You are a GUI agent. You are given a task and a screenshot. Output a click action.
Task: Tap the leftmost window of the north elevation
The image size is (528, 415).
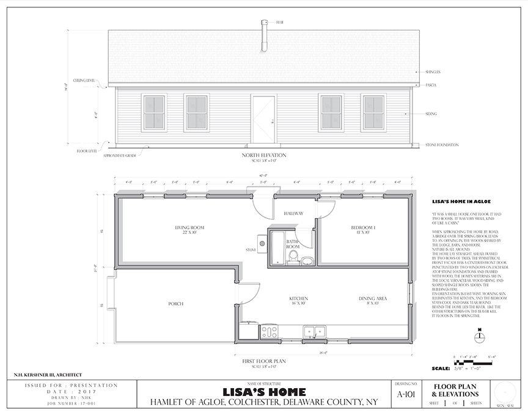pyautogui.click(x=154, y=112)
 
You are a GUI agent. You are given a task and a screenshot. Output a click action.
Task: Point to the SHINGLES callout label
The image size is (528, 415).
pyautogui.click(x=433, y=72)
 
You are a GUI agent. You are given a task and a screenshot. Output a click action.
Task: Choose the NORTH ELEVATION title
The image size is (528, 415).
pyautogui.click(x=263, y=155)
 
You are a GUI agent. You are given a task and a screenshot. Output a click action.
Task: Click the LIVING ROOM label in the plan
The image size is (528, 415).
pyautogui.click(x=189, y=229)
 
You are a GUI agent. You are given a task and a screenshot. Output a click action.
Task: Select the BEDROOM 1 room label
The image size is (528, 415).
pyautogui.click(x=362, y=229)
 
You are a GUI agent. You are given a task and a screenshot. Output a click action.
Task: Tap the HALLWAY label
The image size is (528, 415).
pyautogui.click(x=294, y=214)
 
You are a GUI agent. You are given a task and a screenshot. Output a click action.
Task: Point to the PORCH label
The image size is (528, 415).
pyautogui.click(x=176, y=303)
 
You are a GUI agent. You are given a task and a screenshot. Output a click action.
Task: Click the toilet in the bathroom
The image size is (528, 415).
pyautogui.click(x=293, y=257)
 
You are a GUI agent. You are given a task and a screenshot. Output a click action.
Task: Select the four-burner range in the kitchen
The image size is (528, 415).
pyautogui.click(x=269, y=332)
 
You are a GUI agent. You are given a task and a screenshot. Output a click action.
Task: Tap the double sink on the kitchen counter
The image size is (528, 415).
pyautogui.click(x=314, y=332)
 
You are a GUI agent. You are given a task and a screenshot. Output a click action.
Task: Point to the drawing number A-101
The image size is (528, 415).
pyautogui.click(x=405, y=394)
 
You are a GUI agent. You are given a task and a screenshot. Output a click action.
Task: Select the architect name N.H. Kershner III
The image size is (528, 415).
pyautogui.click(x=48, y=375)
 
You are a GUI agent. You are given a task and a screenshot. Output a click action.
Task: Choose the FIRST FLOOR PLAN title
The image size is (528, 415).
pyautogui.click(x=263, y=361)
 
